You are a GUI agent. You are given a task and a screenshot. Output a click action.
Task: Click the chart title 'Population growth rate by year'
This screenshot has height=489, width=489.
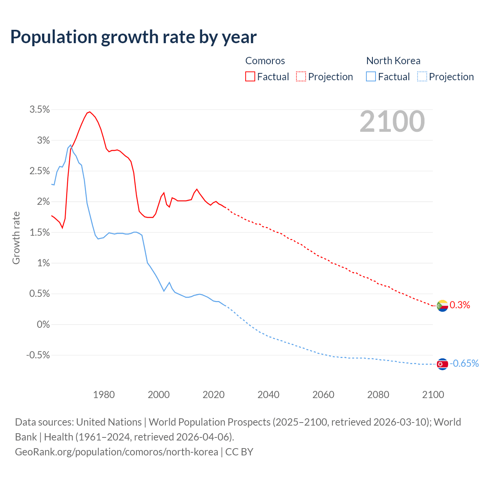133,37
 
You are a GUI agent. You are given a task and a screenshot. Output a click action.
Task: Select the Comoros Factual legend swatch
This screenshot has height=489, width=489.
250,77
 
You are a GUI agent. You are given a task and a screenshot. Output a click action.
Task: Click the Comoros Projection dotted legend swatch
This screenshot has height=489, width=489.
301,77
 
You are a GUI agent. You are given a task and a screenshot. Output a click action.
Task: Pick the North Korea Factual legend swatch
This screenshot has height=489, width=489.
371,77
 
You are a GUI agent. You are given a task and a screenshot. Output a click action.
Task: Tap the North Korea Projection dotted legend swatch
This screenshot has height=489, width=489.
422,77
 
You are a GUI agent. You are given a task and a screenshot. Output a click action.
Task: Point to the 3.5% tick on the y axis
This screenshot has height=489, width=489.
40,110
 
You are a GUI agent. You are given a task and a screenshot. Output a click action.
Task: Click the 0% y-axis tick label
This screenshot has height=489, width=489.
43,324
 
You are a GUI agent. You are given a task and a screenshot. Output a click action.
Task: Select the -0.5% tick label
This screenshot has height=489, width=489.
38,355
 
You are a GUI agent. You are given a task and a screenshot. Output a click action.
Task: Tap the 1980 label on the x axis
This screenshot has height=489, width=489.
104,395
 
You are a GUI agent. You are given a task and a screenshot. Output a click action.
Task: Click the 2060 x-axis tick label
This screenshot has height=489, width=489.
323,395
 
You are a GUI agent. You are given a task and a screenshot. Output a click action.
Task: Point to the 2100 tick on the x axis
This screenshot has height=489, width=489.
433,395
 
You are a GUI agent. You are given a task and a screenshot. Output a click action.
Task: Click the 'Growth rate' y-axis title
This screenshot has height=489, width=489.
16,238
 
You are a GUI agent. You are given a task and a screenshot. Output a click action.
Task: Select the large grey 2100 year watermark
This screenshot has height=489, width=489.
392,121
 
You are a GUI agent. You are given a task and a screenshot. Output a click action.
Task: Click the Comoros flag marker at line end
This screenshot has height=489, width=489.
442,306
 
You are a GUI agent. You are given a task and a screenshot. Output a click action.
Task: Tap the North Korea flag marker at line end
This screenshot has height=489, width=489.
442,364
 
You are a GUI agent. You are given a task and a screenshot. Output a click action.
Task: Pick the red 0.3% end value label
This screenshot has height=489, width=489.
460,305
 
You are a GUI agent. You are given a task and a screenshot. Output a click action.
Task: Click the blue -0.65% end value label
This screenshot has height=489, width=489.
464,363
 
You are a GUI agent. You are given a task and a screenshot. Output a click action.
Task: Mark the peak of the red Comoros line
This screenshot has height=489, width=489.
89,112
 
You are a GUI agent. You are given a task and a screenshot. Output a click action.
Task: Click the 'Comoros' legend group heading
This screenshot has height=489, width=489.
265,61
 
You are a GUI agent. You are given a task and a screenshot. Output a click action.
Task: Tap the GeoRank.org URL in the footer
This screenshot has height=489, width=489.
117,452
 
